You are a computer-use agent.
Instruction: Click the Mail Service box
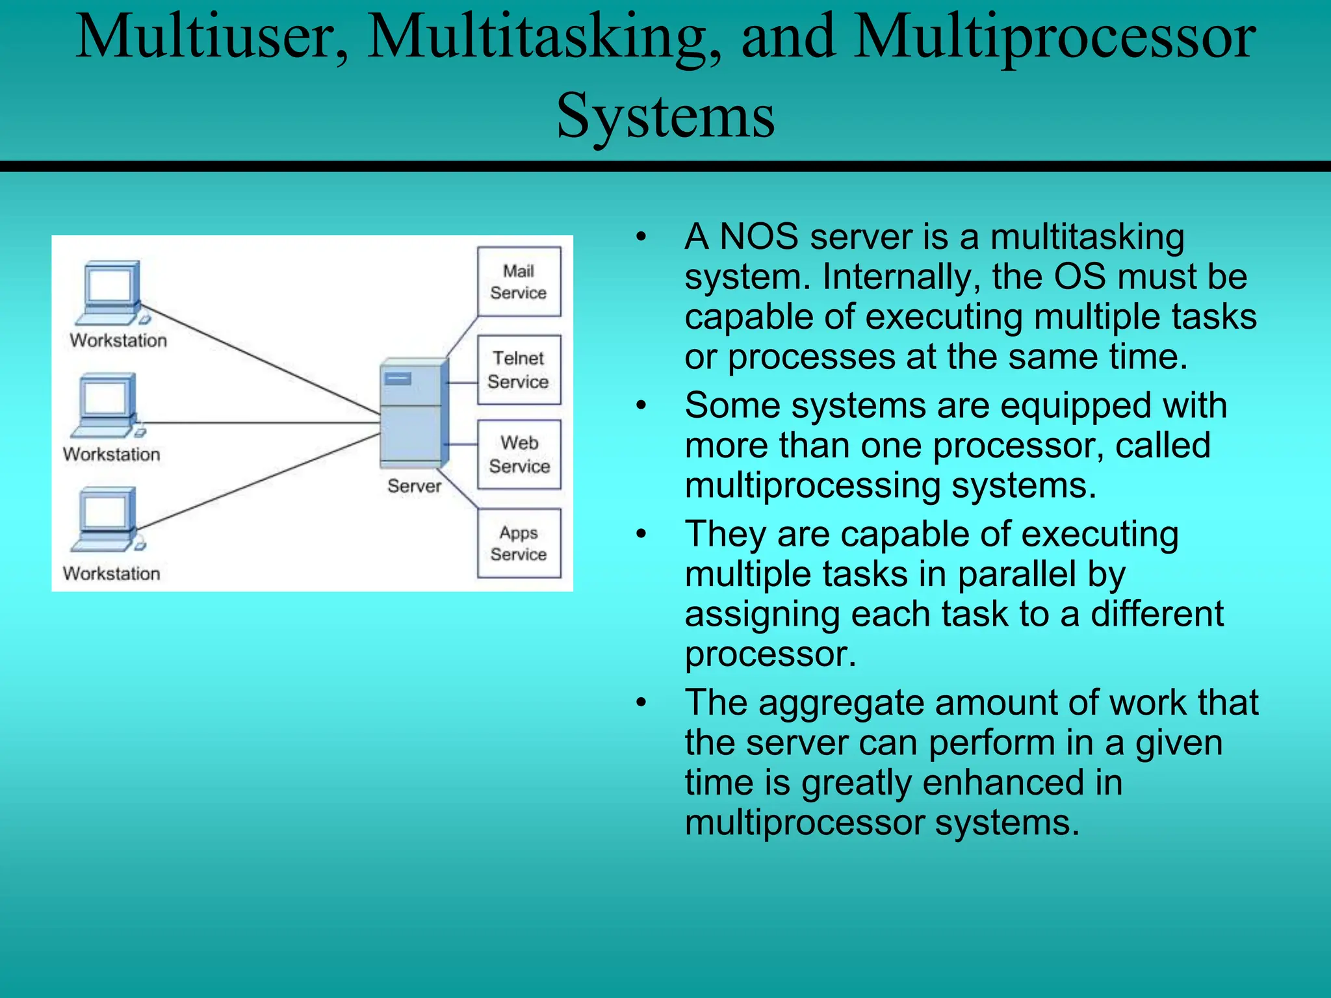point(519,281)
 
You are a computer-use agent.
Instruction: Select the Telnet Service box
point(519,370)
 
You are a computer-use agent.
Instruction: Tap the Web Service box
point(519,454)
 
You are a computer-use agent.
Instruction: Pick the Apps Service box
point(519,543)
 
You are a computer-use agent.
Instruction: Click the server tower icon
point(413,413)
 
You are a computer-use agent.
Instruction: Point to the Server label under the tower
point(414,486)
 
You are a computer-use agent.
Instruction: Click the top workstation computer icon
point(110,292)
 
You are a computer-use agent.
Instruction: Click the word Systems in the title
point(665,116)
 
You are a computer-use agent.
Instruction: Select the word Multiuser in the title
point(211,37)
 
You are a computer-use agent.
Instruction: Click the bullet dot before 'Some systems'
point(641,406)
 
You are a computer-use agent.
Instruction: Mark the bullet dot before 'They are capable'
point(641,535)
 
